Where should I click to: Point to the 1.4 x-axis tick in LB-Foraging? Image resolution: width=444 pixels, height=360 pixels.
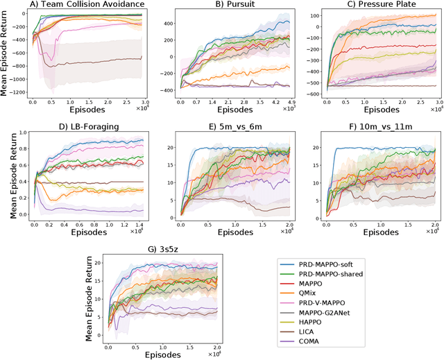pos(139,220)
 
